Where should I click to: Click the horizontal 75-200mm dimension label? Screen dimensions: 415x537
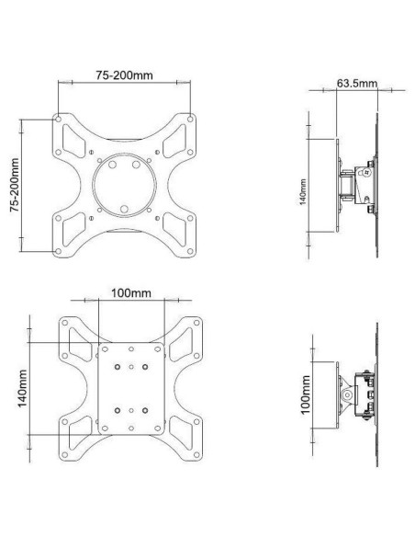[x=124, y=75]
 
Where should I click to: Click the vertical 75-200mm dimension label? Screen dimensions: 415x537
[x=16, y=185]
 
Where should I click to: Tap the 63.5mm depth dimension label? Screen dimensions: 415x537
[x=357, y=84]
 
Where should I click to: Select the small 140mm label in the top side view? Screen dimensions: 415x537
[x=304, y=192]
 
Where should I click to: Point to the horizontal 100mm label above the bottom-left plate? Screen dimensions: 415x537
[x=131, y=293]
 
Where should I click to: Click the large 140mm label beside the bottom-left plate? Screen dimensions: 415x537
[x=23, y=388]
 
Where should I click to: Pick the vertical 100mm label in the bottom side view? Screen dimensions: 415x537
[x=306, y=394]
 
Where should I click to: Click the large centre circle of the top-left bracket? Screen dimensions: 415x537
[x=125, y=185]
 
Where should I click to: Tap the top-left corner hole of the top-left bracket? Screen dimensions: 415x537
[x=58, y=120]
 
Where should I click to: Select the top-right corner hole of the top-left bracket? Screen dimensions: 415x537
[x=190, y=120]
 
